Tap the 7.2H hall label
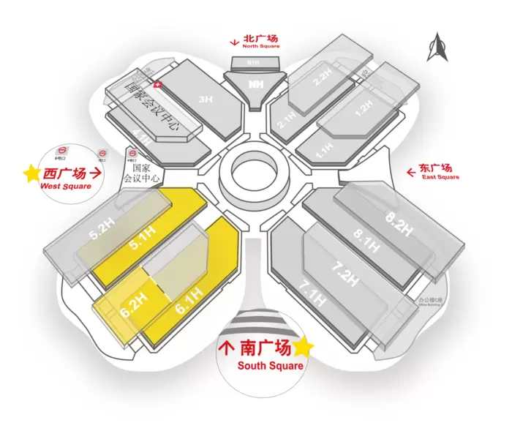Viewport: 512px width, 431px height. tap(345, 272)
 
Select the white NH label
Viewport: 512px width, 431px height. tap(255, 84)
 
